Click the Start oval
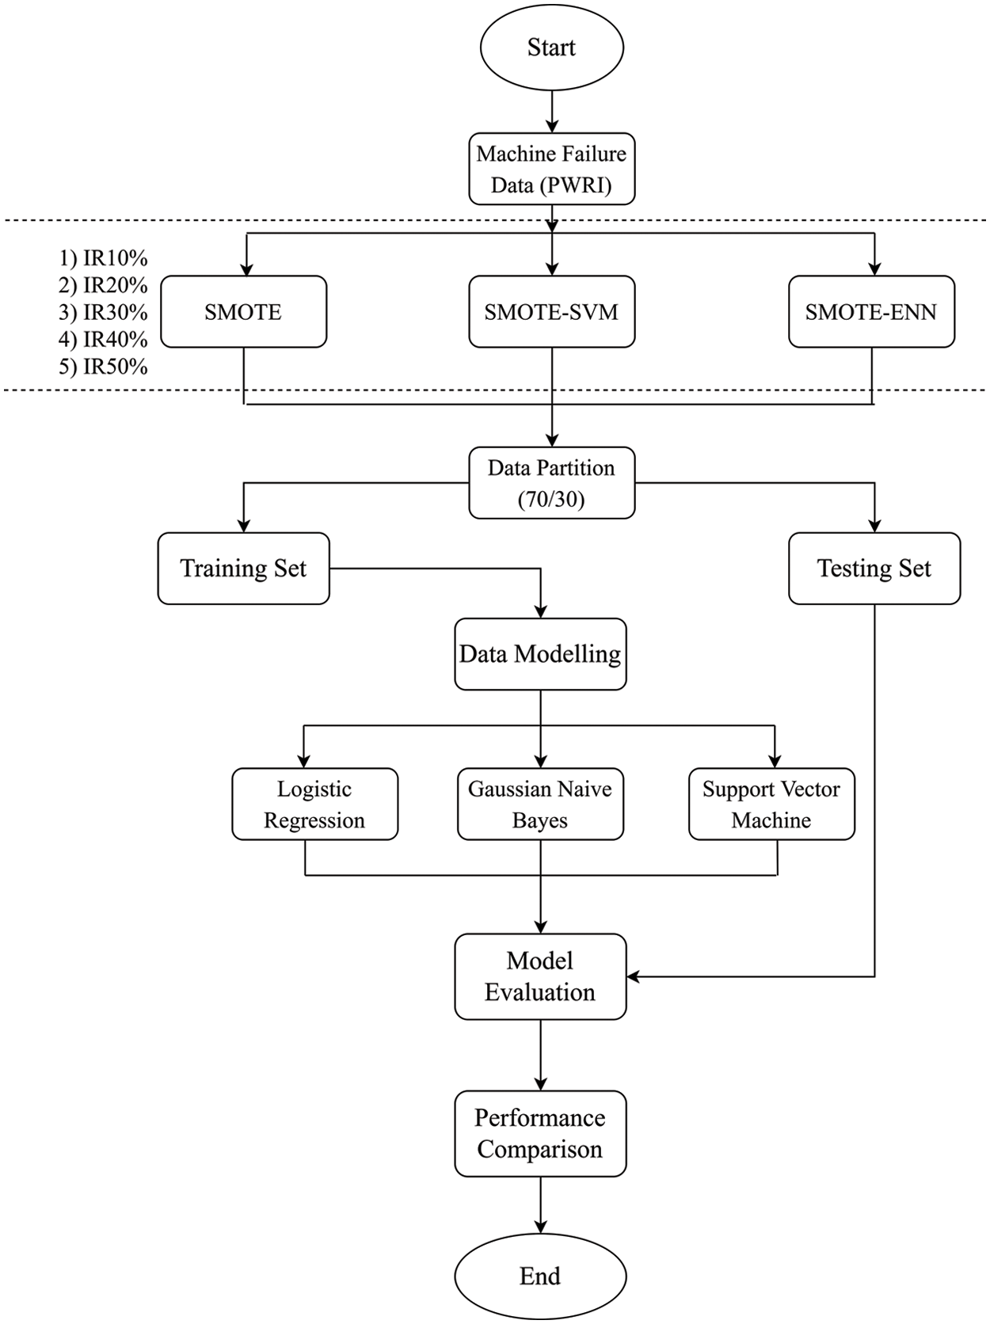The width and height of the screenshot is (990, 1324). coord(551,48)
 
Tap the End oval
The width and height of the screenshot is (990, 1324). coord(540,1276)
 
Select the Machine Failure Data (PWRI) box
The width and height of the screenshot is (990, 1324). coord(551,169)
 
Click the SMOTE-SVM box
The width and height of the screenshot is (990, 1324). coord(551,312)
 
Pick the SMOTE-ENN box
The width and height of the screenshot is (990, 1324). coord(871,312)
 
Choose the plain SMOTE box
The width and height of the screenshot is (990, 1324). coord(243,312)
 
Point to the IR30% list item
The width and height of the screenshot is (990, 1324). coord(104,312)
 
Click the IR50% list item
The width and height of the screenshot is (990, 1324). coord(104,367)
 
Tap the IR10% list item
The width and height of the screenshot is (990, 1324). coord(104,258)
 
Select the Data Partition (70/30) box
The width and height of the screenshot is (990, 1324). coord(551,483)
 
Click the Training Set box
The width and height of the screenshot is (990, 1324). coord(243,569)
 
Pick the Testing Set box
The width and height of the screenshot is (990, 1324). coord(874,569)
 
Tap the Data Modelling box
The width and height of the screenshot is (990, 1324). coord(540,654)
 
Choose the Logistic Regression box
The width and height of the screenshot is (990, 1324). coord(314,804)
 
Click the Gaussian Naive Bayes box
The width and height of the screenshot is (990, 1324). coord(540,804)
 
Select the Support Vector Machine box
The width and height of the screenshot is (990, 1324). coord(771,804)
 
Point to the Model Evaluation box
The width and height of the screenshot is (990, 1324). coord(540,976)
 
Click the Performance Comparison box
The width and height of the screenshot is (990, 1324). coord(540,1133)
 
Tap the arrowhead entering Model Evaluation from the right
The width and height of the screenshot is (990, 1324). coord(634,976)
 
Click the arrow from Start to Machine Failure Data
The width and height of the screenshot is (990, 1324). coord(552,111)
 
